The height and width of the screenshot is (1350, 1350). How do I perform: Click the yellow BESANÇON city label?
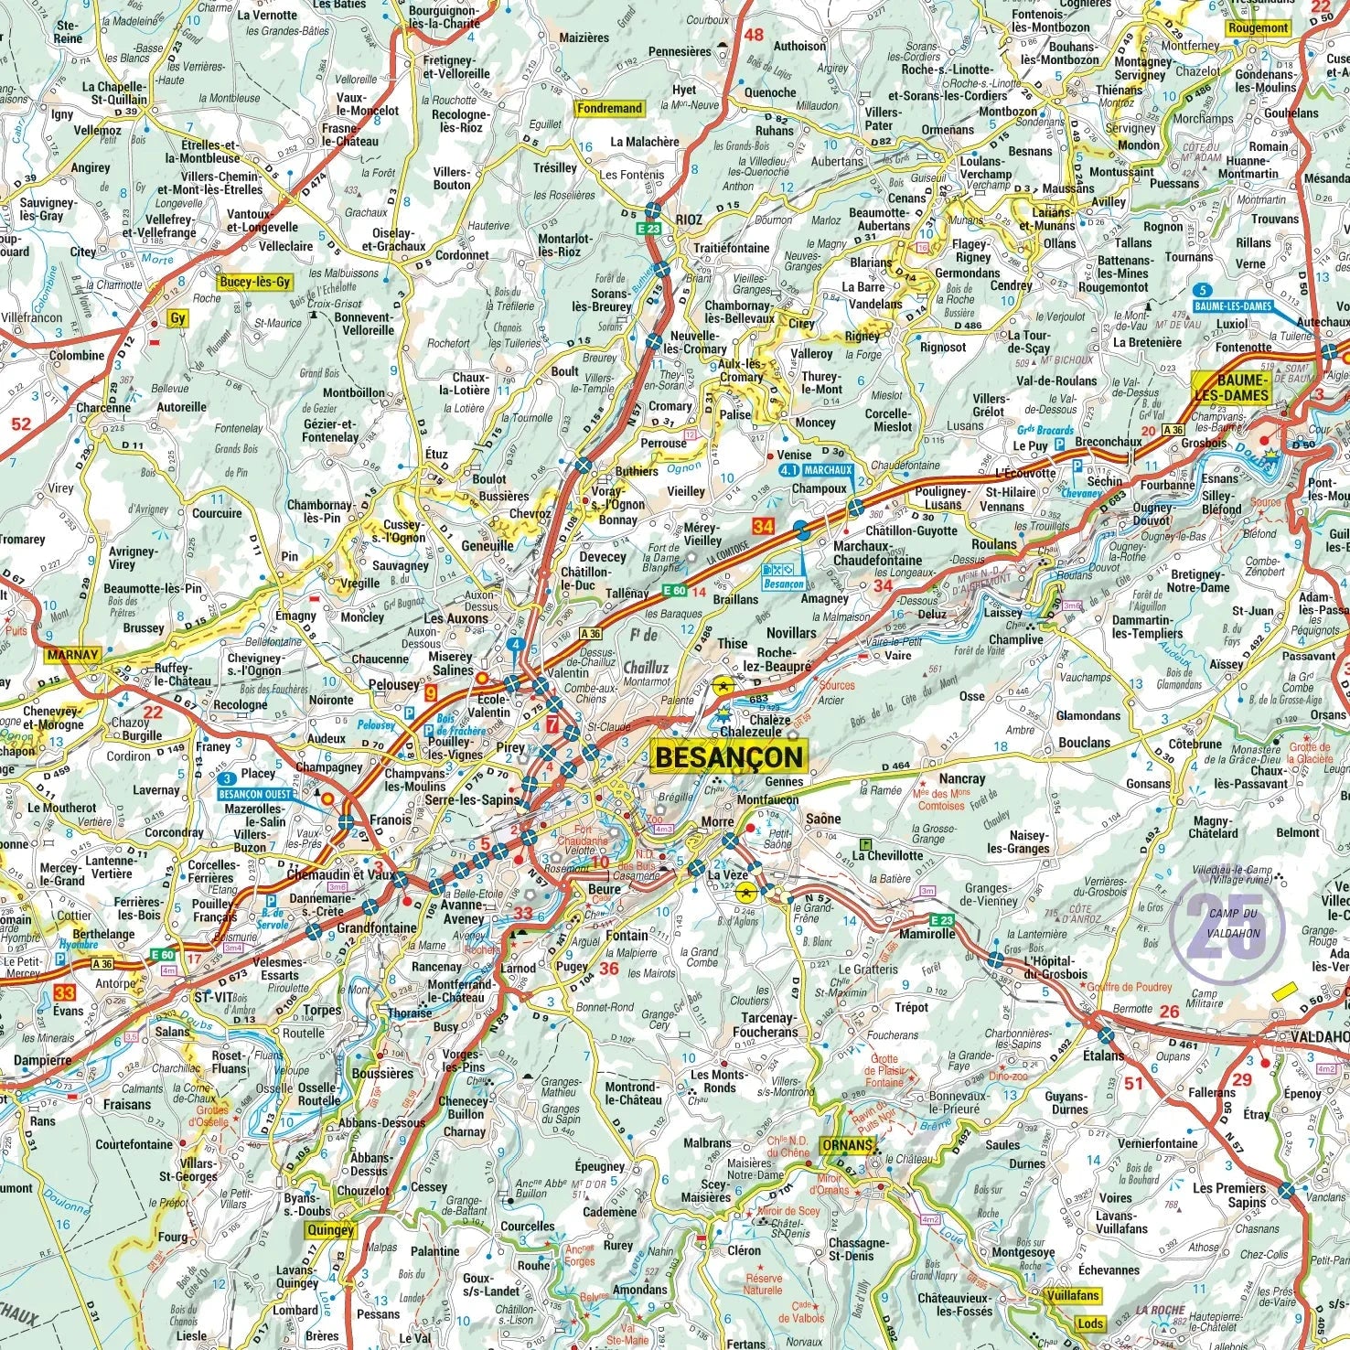point(730,756)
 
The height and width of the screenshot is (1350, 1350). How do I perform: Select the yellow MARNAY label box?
point(71,655)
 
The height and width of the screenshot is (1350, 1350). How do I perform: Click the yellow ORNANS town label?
point(846,1145)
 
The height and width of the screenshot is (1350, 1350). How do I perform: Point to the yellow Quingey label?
point(330,1230)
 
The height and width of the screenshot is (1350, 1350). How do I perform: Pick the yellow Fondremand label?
point(609,108)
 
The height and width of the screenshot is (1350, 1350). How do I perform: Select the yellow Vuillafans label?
point(1072,1295)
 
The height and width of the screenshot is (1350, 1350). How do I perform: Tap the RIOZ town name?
point(689,220)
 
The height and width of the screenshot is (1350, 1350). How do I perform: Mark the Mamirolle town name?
point(927,934)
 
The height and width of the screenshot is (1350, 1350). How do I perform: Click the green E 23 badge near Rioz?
point(648,228)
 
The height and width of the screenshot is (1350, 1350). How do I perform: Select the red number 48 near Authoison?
point(754,36)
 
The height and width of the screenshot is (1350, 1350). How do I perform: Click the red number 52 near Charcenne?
point(20,423)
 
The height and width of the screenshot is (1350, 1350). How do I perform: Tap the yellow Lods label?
point(1090,1323)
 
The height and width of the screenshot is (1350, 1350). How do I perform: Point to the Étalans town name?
point(1103,1055)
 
